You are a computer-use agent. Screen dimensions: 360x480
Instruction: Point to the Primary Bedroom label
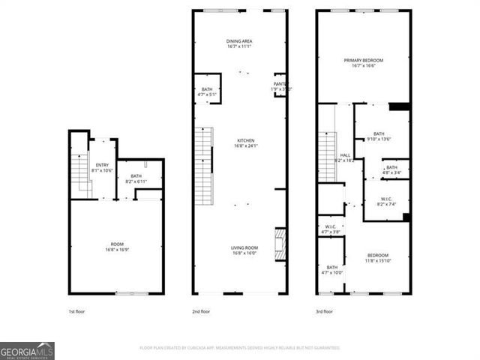364,62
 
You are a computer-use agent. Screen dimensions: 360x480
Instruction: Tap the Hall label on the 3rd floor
346,157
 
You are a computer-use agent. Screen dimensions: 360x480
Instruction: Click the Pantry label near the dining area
281,86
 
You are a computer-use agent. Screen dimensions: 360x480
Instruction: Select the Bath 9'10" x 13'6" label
378,136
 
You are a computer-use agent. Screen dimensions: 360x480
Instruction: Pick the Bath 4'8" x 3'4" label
391,169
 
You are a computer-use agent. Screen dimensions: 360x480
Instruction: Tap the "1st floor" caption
76,311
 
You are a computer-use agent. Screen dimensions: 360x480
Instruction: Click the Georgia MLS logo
27,350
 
